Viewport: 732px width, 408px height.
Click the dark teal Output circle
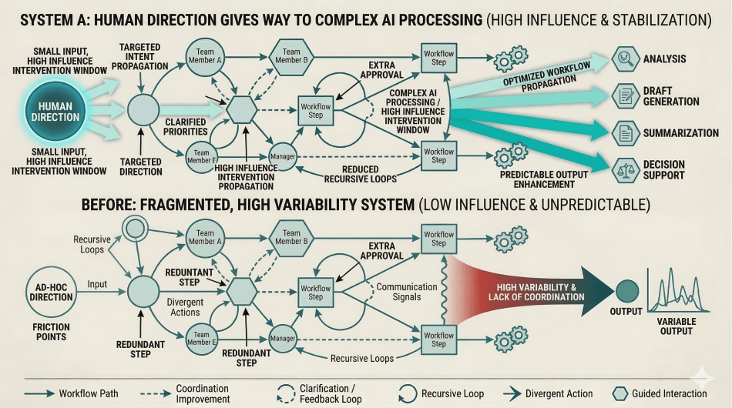tap(626, 290)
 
